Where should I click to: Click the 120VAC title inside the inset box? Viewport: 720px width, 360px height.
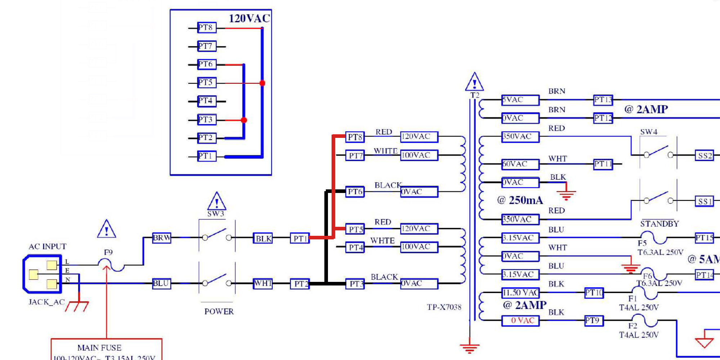(x=249, y=19)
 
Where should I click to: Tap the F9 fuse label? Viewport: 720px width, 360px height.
(x=108, y=252)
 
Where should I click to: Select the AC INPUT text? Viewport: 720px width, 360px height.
(x=48, y=247)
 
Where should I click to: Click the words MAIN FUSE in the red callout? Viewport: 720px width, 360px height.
(x=99, y=348)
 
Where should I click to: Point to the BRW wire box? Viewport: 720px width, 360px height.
(x=162, y=238)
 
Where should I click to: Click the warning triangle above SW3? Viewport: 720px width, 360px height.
(x=217, y=202)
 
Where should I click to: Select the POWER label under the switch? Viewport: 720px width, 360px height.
(x=219, y=311)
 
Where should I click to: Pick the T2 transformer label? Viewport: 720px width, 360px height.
(x=475, y=95)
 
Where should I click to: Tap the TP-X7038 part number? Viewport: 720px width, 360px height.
(x=444, y=307)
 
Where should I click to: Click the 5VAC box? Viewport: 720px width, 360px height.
(x=520, y=100)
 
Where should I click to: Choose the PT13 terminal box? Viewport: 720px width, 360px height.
(x=603, y=100)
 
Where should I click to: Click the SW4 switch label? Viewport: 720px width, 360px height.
(x=649, y=132)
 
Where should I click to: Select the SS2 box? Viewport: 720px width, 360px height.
(x=705, y=156)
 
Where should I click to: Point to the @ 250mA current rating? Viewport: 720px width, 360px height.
(x=520, y=200)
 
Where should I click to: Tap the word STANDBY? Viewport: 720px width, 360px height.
(x=660, y=224)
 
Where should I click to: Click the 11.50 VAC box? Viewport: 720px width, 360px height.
(x=520, y=293)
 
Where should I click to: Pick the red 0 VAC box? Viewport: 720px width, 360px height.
(x=520, y=320)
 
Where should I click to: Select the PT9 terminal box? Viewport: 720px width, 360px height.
(x=594, y=320)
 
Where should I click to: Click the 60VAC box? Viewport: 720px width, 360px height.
(x=520, y=164)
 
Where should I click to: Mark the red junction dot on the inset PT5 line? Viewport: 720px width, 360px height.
(x=262, y=83)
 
